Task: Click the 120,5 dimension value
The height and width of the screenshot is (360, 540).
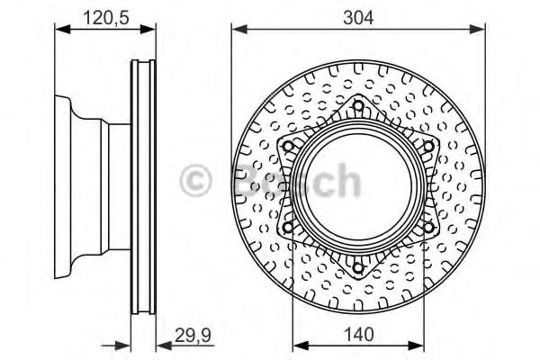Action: click(x=106, y=18)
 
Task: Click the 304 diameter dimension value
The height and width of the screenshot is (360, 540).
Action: click(x=358, y=18)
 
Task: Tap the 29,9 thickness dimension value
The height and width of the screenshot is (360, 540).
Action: click(x=193, y=335)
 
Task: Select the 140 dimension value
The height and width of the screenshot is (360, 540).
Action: click(x=358, y=334)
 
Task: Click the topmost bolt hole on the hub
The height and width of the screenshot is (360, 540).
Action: click(x=358, y=106)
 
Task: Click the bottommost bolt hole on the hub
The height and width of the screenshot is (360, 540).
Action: click(x=358, y=267)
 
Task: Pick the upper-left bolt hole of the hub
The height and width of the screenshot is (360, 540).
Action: click(x=288, y=147)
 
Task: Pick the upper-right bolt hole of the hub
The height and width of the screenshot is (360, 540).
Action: click(x=428, y=147)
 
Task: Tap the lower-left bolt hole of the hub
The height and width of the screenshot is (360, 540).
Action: click(x=288, y=227)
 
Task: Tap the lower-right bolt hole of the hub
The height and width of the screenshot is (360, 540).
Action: click(x=428, y=227)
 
